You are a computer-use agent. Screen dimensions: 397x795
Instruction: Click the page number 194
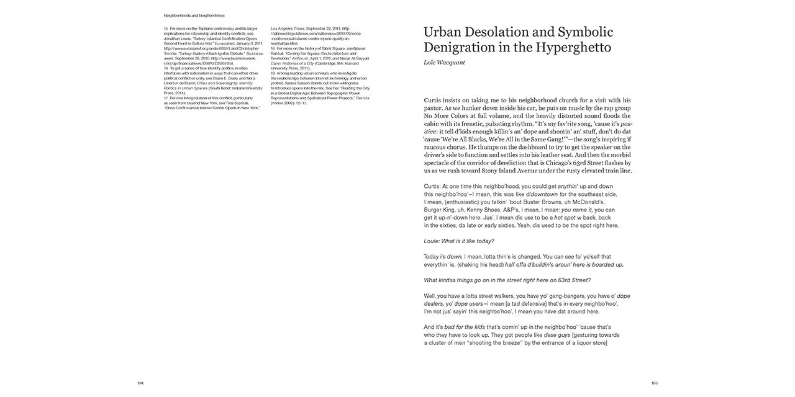click(140, 383)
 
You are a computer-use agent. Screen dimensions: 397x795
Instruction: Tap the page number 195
click(654, 383)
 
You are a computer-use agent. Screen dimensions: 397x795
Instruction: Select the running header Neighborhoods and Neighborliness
click(194, 14)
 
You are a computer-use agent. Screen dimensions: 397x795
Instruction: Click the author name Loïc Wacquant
click(445, 63)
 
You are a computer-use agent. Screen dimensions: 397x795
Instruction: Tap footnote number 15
click(166, 29)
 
